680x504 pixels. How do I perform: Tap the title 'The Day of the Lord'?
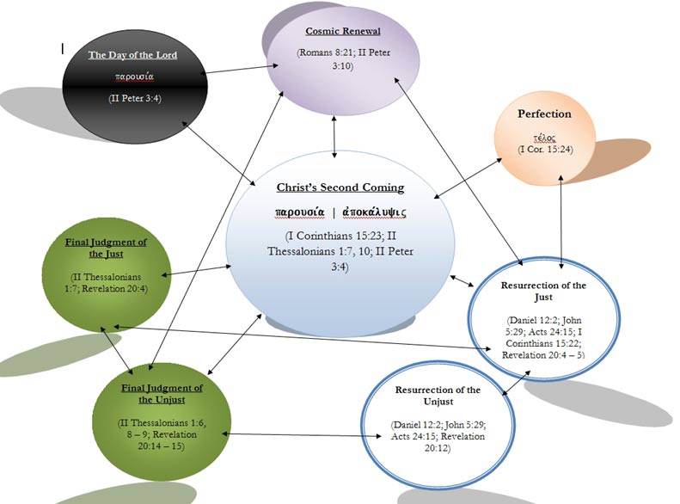click(x=132, y=56)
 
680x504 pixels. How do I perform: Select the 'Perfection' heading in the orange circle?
click(x=544, y=114)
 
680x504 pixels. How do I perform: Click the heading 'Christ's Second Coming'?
click(x=340, y=187)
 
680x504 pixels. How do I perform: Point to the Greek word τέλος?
click(x=544, y=138)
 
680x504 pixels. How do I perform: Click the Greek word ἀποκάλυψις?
click(x=376, y=212)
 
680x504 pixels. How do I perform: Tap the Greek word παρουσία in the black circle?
click(x=133, y=77)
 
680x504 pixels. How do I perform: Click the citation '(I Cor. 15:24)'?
click(x=544, y=150)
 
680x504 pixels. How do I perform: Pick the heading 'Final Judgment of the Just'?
click(x=106, y=249)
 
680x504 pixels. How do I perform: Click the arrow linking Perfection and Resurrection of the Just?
click(x=561, y=219)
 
